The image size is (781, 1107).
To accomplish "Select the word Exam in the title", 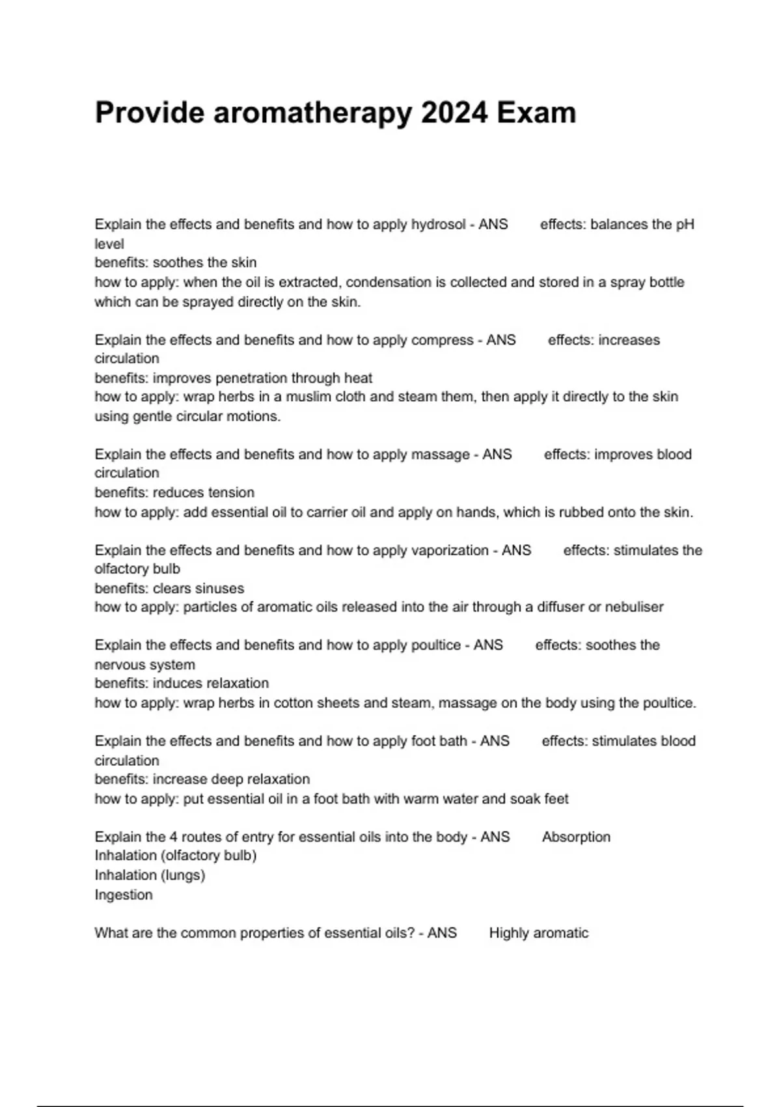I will click(536, 113).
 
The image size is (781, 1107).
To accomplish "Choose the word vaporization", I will click(450, 550).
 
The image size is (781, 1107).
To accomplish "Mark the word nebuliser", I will click(634, 608).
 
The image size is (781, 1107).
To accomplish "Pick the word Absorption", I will click(576, 837).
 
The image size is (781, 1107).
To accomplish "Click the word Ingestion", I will click(124, 895).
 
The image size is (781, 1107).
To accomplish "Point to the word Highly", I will click(508, 933).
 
